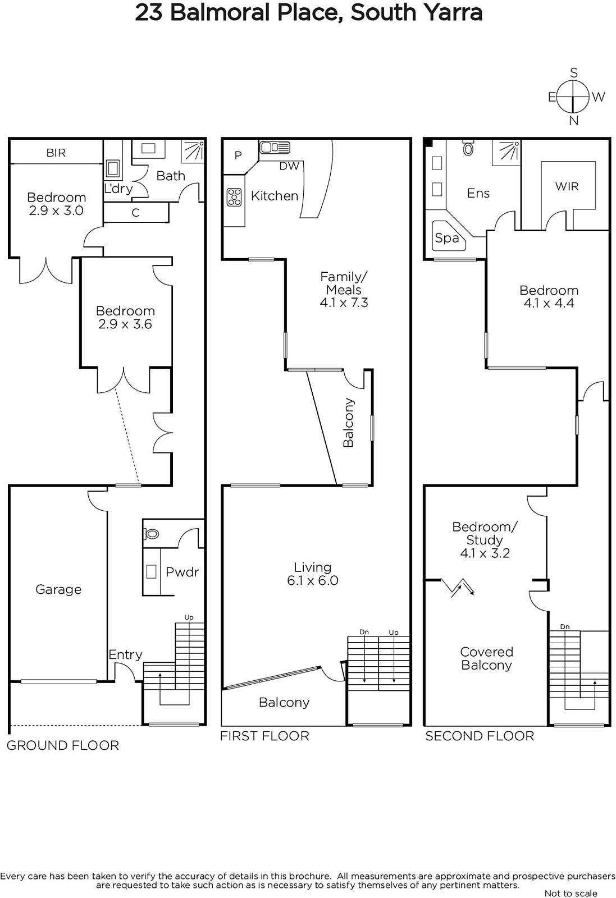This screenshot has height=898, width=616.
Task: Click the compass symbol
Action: pyautogui.click(x=573, y=98)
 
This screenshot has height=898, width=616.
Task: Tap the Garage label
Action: pyautogui.click(x=58, y=589)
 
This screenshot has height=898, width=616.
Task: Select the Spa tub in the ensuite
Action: pyautogui.click(x=449, y=236)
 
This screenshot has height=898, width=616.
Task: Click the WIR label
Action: pyautogui.click(x=567, y=186)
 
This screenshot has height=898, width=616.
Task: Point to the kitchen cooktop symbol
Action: pyautogui.click(x=234, y=197)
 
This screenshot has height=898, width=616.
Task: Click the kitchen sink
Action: pyautogui.click(x=275, y=148)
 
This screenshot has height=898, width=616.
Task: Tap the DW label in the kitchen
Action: pyautogui.click(x=289, y=166)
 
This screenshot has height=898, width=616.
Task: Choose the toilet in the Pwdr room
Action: pyautogui.click(x=152, y=534)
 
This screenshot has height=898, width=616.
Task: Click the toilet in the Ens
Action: pyautogui.click(x=468, y=148)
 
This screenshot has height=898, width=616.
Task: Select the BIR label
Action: pyautogui.click(x=56, y=153)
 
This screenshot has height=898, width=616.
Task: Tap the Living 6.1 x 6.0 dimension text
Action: pyautogui.click(x=313, y=580)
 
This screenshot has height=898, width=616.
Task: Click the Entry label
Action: pyautogui.click(x=126, y=654)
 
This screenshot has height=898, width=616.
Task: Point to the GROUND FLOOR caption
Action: pyautogui.click(x=63, y=745)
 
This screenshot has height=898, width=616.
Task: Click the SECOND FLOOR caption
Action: pyautogui.click(x=480, y=736)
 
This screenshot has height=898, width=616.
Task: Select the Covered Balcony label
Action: pyautogui.click(x=486, y=658)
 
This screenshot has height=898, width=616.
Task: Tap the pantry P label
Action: pyautogui.click(x=238, y=155)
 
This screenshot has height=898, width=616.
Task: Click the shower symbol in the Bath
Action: pyautogui.click(x=193, y=151)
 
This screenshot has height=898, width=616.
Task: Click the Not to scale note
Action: pyautogui.click(x=571, y=893)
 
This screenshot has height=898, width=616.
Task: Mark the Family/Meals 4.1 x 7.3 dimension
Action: pyautogui.click(x=344, y=303)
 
